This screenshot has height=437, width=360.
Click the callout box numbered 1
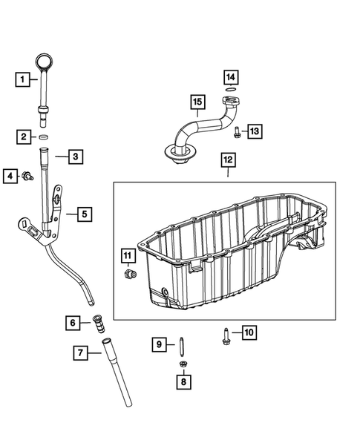24,78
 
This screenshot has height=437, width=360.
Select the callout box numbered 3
75,157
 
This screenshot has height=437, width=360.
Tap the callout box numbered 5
84,214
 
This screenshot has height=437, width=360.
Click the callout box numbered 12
227,160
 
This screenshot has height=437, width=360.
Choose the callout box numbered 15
197,102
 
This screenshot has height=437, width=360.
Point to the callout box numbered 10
248,332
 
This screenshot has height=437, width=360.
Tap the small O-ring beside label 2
44,137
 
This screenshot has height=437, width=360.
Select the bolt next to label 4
27,176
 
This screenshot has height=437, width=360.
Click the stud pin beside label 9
181,344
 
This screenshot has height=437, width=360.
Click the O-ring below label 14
232,92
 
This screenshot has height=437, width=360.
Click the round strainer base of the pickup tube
180,153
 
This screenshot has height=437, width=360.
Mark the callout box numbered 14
231,77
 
